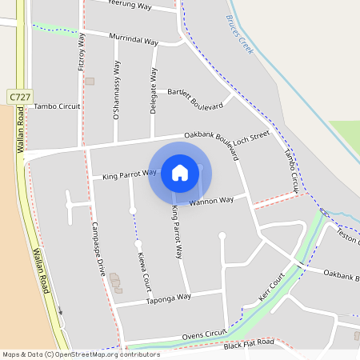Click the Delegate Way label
coord(153,90)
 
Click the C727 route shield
coord(21,97)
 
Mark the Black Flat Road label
coord(249,342)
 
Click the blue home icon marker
coord(180,173)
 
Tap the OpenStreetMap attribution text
coord(81,354)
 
